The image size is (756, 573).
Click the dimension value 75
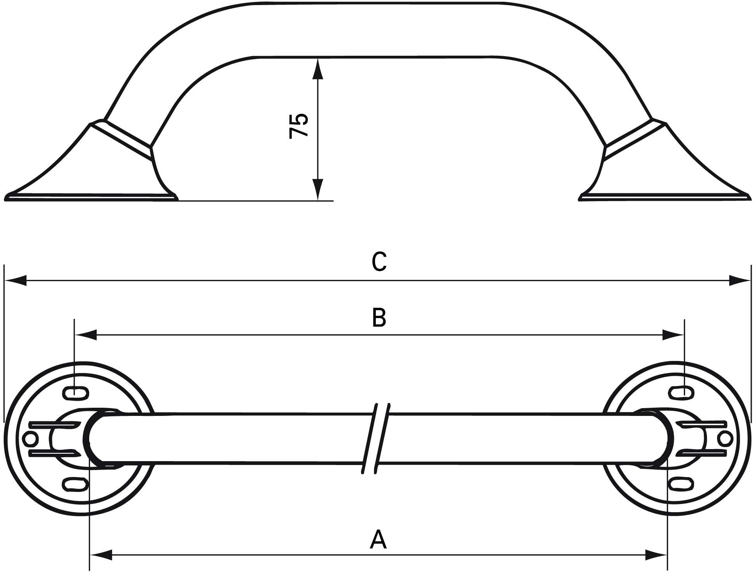tap(299, 126)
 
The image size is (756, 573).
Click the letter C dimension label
tap(379, 262)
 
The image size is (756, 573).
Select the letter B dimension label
tap(379, 317)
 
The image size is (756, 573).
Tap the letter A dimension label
tap(378, 539)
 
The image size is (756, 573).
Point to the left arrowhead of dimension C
tap(15, 280)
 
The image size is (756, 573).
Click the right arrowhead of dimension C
tap(740, 280)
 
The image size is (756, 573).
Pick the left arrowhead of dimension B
tap(85, 334)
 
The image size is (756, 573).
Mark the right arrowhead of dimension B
tap(673, 334)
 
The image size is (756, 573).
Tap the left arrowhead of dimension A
tap(101, 555)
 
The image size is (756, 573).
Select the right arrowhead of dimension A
tap(656, 555)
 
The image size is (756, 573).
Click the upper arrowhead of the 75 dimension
tap(318, 69)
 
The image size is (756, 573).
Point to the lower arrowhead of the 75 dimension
tap(318, 189)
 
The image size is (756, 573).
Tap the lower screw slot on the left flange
tap(75, 485)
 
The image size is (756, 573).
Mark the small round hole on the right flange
tap(725, 439)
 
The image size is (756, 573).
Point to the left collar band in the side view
tap(121, 140)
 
